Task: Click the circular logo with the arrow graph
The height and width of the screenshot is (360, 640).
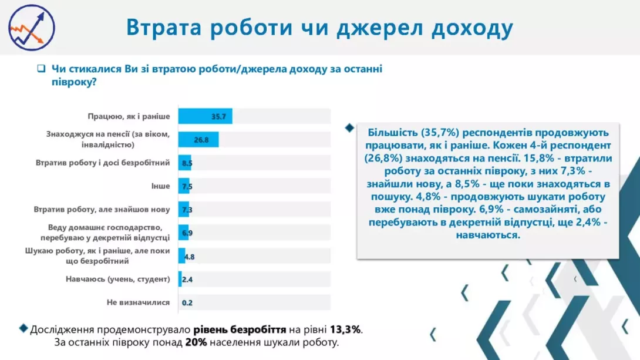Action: click(32, 28)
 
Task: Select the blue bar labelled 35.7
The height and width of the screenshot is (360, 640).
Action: click(205, 116)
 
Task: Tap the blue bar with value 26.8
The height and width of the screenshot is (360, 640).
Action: click(198, 139)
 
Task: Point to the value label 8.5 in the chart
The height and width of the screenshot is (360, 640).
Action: click(187, 163)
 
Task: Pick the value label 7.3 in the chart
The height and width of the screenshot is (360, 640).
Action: click(187, 210)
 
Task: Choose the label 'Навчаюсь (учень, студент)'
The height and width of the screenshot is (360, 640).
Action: click(117, 279)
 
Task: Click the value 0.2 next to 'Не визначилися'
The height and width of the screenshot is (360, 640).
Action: click(187, 302)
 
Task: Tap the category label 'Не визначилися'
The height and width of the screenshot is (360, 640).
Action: click(138, 302)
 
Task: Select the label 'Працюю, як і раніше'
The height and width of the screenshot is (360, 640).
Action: click(129, 116)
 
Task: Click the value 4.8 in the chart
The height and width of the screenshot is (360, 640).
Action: click(189, 256)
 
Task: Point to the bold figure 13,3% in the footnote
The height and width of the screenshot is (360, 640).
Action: click(346, 329)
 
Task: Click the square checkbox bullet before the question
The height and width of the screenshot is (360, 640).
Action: click(41, 69)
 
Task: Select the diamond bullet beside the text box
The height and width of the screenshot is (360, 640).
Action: click(350, 127)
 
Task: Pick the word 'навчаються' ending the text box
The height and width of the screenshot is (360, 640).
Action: click(487, 235)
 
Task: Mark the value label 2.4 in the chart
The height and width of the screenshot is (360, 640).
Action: click(187, 280)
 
